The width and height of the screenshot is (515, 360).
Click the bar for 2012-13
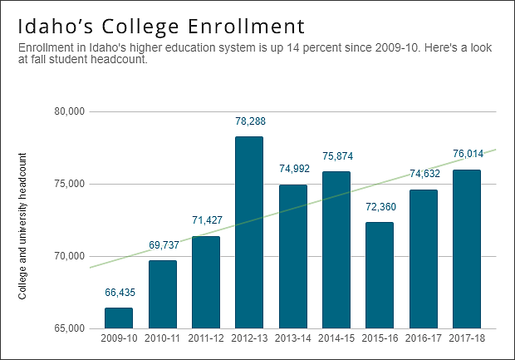[x=249, y=233]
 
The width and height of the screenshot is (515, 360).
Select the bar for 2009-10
[x=119, y=318]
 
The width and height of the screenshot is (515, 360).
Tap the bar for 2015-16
[x=380, y=275]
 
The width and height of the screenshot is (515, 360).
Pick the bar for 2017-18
[x=466, y=249]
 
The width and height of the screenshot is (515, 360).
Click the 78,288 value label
[x=249, y=121]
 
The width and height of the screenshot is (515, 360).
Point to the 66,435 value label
[x=119, y=293]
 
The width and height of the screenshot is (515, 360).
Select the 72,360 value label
[x=380, y=207]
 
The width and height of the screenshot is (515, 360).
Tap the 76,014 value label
[x=466, y=154]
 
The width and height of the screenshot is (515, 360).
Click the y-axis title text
[x=22, y=226]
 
